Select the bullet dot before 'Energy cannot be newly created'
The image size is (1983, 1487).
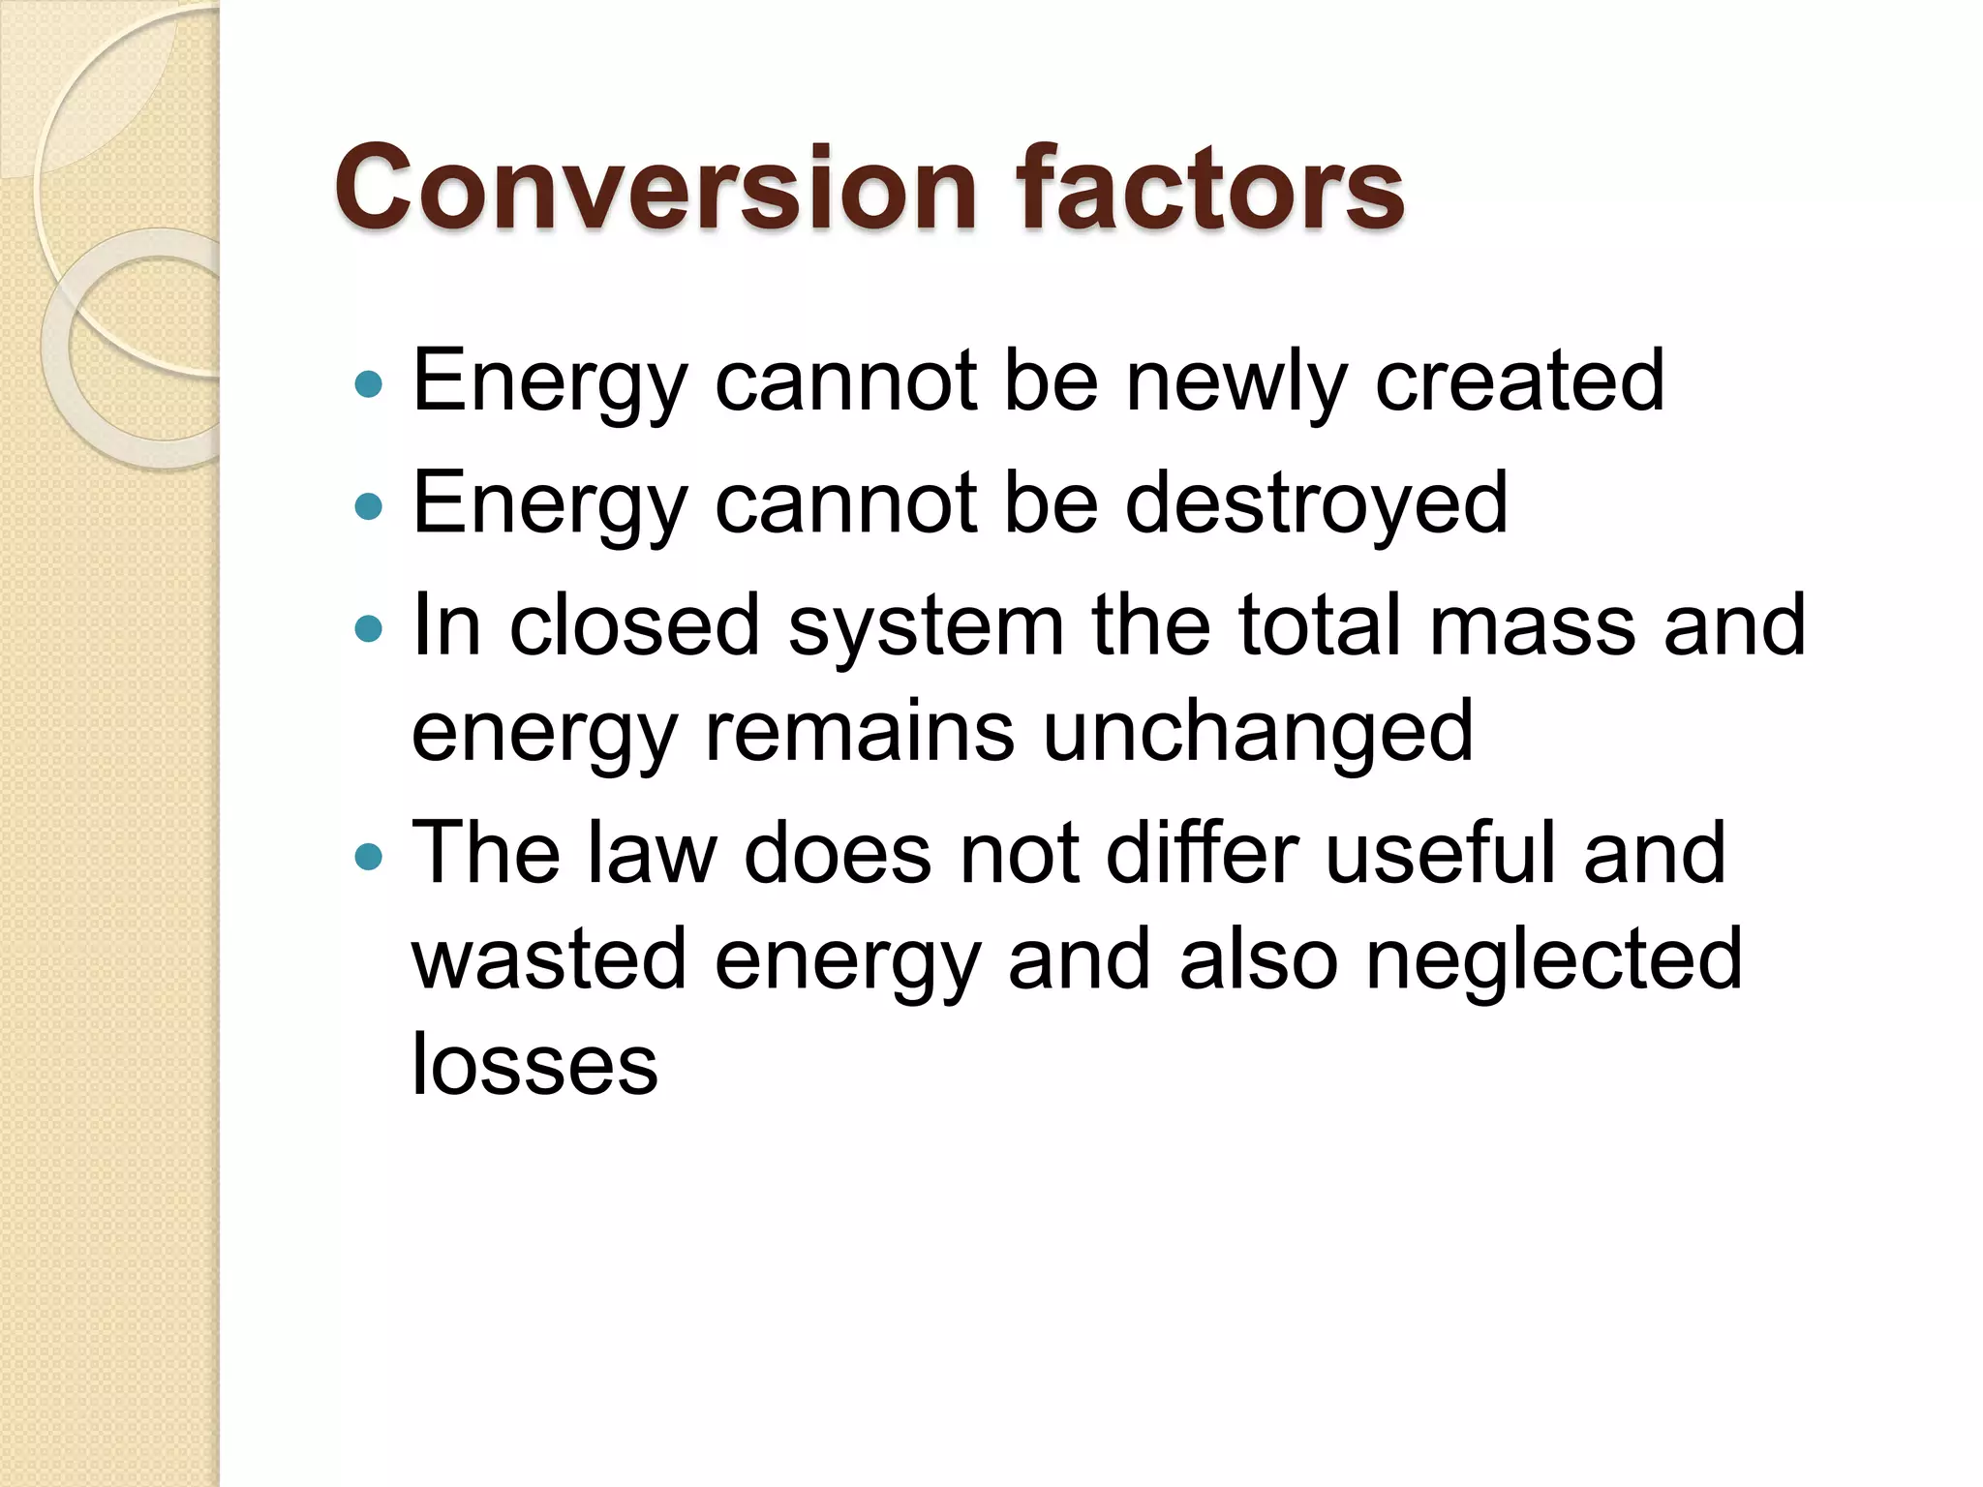(369, 385)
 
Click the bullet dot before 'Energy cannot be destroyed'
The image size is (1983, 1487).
(369, 506)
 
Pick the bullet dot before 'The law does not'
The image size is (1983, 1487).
(369, 857)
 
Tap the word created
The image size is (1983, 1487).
(1519, 381)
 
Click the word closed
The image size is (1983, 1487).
(634, 625)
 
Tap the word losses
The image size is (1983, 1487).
(534, 1065)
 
